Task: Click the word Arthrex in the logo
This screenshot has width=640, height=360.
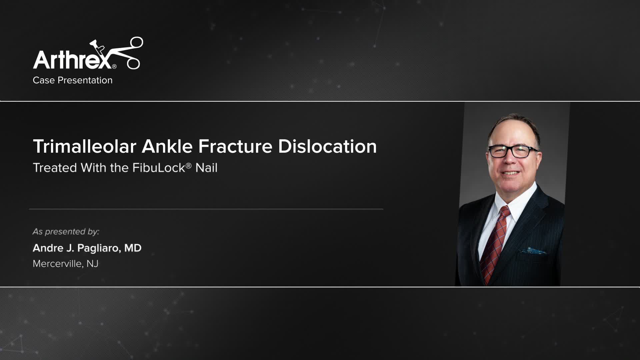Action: click(72, 60)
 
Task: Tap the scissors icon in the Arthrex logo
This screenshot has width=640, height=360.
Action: click(128, 53)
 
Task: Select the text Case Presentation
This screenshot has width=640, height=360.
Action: click(73, 80)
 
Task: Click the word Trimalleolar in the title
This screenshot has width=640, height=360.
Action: click(85, 146)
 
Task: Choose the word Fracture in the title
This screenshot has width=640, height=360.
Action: click(235, 146)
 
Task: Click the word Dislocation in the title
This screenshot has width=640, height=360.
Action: click(327, 146)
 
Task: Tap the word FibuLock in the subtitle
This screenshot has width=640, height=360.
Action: click(159, 168)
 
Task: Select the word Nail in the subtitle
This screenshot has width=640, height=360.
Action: click(206, 168)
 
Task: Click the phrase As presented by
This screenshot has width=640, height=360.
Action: click(66, 232)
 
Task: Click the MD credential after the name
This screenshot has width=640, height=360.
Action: click(133, 248)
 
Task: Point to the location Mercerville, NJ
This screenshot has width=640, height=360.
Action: click(66, 264)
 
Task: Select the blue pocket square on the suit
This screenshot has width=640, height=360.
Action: click(536, 250)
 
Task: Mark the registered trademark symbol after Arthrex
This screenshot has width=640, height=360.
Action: click(114, 67)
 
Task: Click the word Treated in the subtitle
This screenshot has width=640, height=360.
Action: click(55, 168)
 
